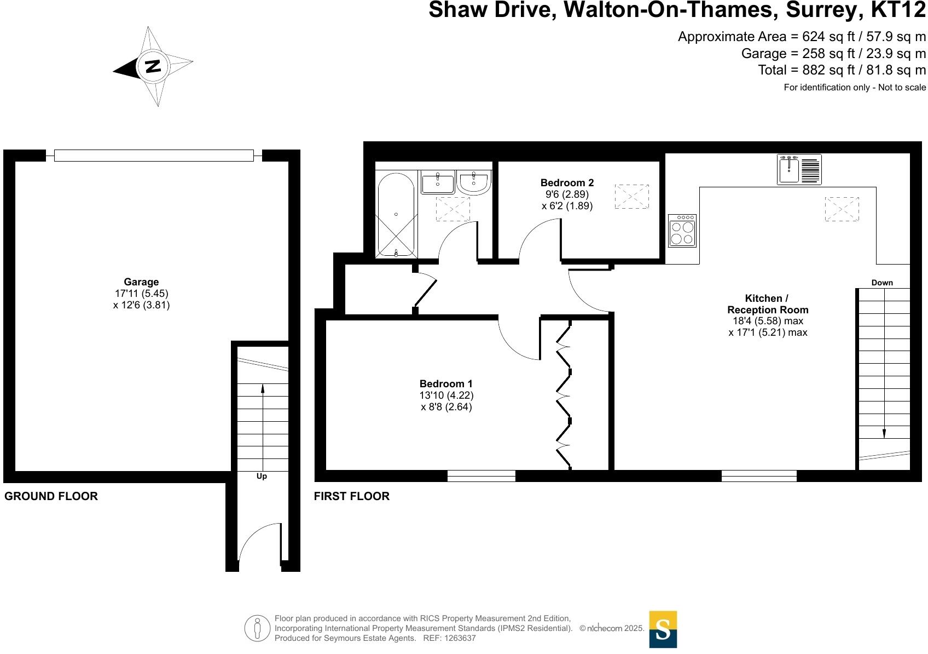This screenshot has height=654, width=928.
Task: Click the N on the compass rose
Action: pos(153,66)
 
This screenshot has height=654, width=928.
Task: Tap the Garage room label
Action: pos(141,283)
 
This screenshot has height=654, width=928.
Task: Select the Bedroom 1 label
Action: pos(446,384)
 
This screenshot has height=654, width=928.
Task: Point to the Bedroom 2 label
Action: pos(567,183)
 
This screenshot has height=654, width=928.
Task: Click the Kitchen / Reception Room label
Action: pos(767,304)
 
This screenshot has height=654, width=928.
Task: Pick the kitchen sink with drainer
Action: pos(799,169)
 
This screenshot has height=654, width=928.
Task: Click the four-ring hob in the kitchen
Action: pos(682,231)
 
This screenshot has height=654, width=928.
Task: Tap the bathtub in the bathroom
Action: pos(396,215)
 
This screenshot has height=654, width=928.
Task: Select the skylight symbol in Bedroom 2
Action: pos(631,197)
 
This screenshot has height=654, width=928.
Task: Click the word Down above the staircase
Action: pos(882,283)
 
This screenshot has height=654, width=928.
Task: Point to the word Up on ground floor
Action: pos(262,477)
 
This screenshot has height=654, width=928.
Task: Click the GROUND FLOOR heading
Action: pos(51,496)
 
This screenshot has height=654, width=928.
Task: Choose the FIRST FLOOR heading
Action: pos(351,496)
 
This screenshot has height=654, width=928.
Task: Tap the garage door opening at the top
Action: pos(154,156)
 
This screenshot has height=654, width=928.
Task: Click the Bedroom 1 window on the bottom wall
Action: pos(481,476)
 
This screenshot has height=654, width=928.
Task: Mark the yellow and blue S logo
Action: pos(663,629)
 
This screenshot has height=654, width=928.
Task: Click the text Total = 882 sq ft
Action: pos(841,70)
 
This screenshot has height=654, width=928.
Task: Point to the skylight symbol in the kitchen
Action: pos(842,209)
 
